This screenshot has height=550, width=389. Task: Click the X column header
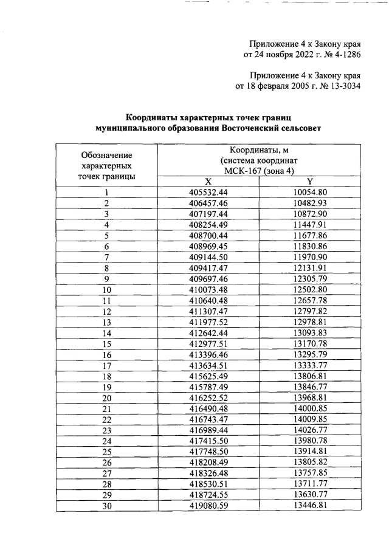(208, 182)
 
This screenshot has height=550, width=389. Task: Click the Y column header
(309, 182)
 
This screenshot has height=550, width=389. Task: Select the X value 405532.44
(208, 193)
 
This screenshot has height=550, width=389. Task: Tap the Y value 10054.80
(310, 193)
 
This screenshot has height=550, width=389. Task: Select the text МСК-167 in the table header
(238, 171)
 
